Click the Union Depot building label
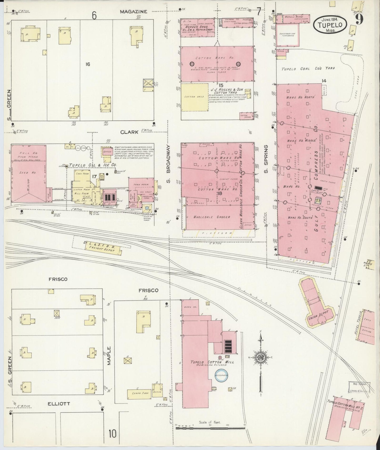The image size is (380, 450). tap(317, 319)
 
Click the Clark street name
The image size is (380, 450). tap(129, 132)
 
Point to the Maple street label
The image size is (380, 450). tap(109, 356)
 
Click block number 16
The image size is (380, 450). tap(88, 64)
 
